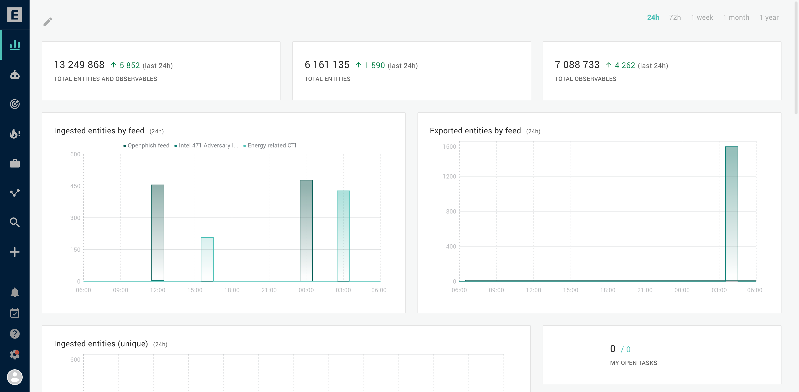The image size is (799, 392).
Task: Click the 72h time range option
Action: pos(675,17)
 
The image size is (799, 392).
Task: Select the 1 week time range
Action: pos(702,17)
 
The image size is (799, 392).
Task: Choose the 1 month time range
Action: pos(736,17)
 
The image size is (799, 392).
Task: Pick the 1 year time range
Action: pos(769,17)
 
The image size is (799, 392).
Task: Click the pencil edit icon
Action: pos(48,22)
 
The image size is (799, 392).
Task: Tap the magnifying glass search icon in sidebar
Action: pos(15,222)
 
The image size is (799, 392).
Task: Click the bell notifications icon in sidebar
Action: pos(15,292)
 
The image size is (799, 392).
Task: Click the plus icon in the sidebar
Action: pos(15,252)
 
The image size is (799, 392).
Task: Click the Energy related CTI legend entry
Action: pos(271,145)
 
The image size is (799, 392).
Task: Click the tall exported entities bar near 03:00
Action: pos(731,214)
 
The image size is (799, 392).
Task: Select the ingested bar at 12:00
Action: pos(158,233)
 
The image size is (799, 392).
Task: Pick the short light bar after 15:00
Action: pos(207,259)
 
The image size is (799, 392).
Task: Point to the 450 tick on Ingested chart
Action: pos(75,186)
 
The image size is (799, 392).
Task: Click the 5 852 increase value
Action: pos(129,66)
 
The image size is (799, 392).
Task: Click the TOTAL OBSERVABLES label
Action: pos(585,79)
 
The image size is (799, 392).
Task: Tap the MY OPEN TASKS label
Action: pos(633,363)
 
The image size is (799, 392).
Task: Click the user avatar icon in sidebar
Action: pos(15,377)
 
